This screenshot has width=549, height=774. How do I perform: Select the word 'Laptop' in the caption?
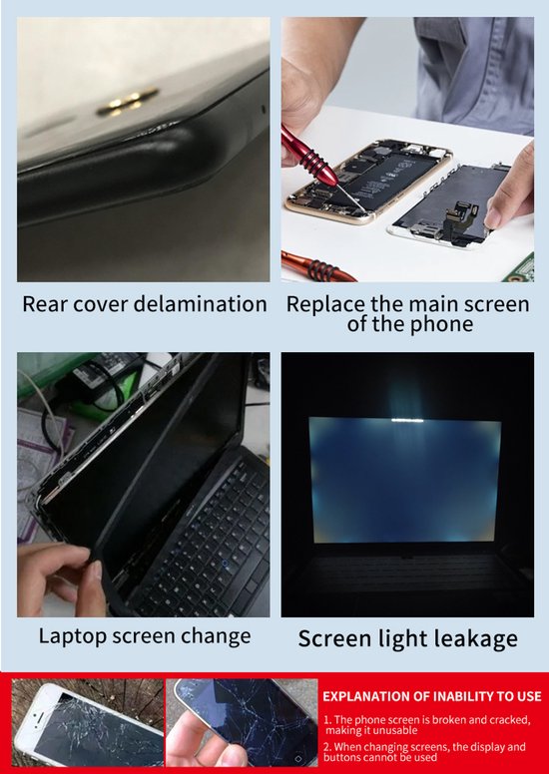pyautogui.click(x=73, y=636)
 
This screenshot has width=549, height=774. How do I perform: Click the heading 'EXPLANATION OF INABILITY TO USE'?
pyautogui.click(x=432, y=696)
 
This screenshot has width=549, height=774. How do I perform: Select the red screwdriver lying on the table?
pyautogui.click(x=317, y=267)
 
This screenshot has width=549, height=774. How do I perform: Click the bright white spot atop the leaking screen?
pyautogui.click(x=407, y=420)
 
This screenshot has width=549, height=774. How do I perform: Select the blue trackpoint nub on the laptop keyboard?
pyautogui.click(x=226, y=564)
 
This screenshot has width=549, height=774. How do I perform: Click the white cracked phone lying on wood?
pyautogui.click(x=89, y=723)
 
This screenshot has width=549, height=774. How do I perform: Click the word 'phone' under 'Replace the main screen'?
pyautogui.click(x=445, y=324)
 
